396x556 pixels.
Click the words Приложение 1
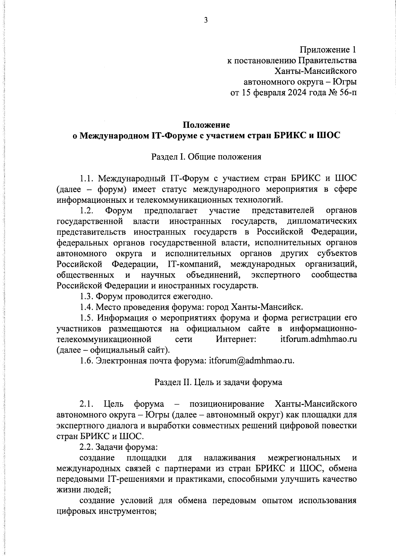pos(328,50)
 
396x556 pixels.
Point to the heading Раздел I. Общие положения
pos(206,157)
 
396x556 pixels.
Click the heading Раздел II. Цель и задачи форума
pos(218,382)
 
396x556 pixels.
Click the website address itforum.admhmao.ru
pos(316,339)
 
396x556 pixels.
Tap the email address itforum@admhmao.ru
pos(251,360)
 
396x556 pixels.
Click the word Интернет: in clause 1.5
pos(236,339)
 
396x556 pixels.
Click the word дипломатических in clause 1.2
pos(322,221)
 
